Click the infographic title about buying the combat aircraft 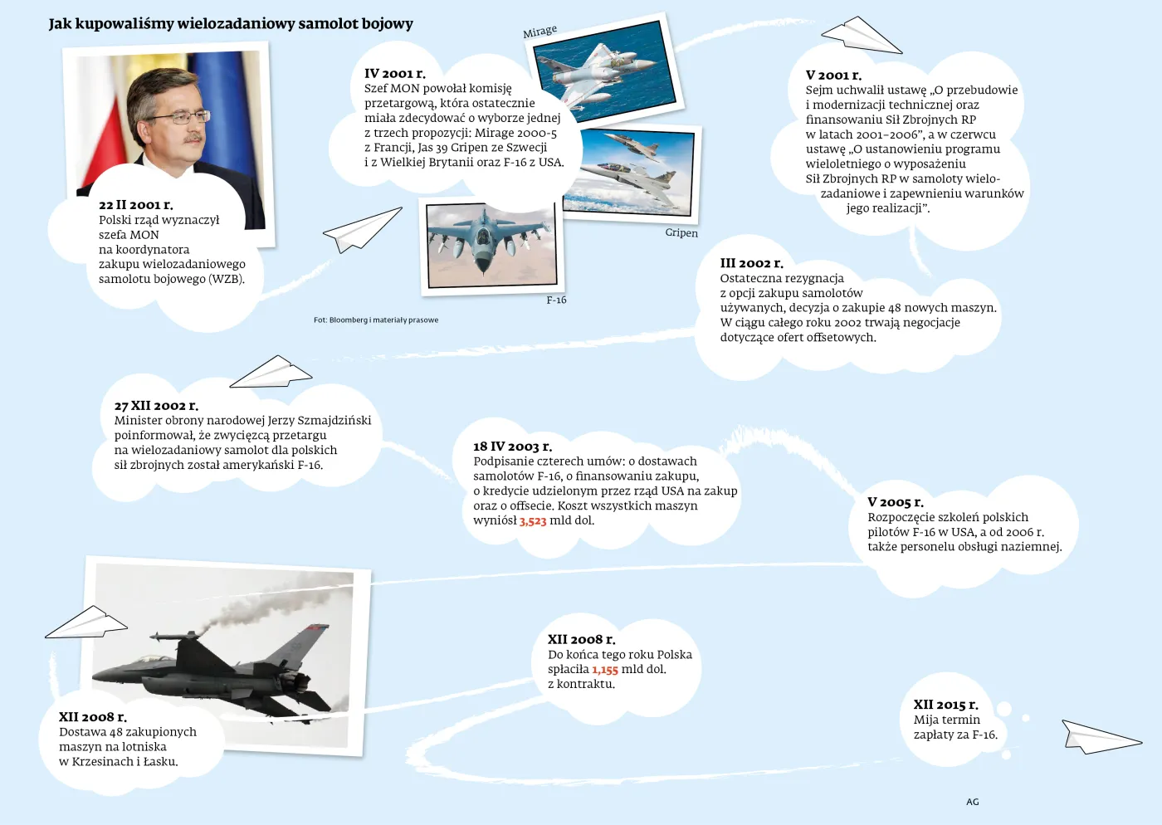click(230, 24)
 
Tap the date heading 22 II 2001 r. click(136, 205)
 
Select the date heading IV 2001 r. click(395, 74)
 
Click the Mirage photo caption click(539, 32)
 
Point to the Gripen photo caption click(681, 233)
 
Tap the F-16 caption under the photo click(556, 300)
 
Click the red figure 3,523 click(533, 521)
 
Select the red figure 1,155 click(605, 670)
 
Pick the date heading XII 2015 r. click(945, 705)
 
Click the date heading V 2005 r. click(896, 502)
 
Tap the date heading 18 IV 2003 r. click(512, 447)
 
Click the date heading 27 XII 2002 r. click(156, 406)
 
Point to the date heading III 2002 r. click(751, 263)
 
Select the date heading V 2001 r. click(833, 76)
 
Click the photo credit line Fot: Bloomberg click(376, 320)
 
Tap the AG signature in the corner click(973, 802)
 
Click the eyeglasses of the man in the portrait click(177, 118)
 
